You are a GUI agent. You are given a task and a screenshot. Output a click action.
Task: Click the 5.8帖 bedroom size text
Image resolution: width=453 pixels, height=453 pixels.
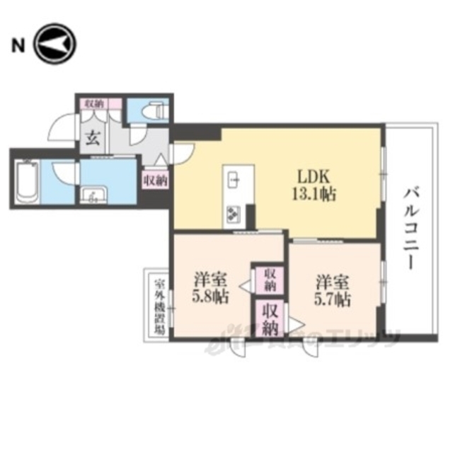[x=210, y=297]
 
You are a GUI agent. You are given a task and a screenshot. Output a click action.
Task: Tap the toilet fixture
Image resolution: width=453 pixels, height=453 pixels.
[x=151, y=110]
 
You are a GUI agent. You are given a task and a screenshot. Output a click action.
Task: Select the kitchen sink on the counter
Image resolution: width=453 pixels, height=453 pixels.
[x=234, y=180]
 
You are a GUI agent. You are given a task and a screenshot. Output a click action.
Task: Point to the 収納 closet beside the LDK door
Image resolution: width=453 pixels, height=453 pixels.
[x=155, y=180]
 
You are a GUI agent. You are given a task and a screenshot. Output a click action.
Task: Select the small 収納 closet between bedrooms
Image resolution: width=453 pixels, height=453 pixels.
[x=270, y=279]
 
